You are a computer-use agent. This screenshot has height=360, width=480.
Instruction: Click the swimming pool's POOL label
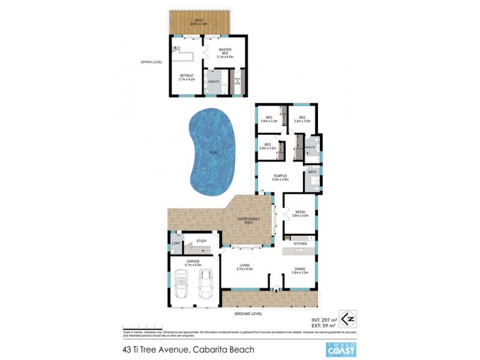click(213, 153)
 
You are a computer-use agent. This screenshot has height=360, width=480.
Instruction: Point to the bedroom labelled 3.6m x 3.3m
click(269, 119)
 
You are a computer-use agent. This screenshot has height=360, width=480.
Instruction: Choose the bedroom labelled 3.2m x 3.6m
click(302, 119)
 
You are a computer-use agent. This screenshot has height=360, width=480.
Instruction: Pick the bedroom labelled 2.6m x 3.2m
click(268, 146)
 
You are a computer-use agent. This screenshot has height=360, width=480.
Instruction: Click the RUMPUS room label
click(281, 177)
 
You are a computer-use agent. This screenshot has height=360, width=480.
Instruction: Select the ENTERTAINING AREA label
click(248, 220)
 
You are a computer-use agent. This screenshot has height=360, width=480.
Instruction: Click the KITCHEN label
click(300, 244)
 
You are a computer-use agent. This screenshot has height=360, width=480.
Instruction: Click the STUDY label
click(201, 241)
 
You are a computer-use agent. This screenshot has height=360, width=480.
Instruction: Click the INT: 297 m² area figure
click(320, 312)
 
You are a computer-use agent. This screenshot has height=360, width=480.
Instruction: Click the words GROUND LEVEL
click(247, 314)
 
